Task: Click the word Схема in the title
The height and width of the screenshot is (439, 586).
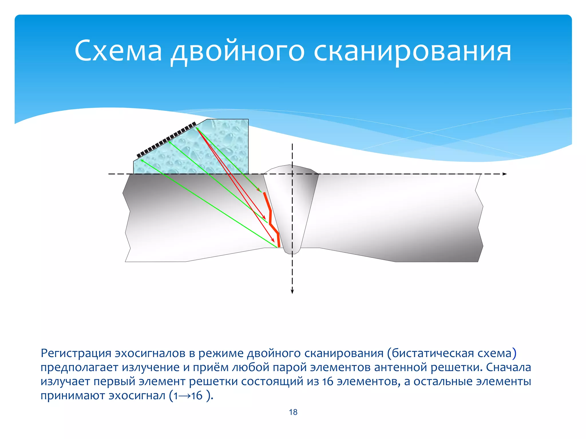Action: [x=118, y=51]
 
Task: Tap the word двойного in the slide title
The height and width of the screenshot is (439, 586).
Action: [x=237, y=51]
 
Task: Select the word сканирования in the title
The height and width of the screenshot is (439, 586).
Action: [x=412, y=51]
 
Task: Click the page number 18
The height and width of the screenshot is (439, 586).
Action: [x=293, y=412]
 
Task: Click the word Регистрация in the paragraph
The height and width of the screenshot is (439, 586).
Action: [x=76, y=353]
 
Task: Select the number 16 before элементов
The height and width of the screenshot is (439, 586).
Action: [x=328, y=382]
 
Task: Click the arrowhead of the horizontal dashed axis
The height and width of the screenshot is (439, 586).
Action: [x=505, y=174]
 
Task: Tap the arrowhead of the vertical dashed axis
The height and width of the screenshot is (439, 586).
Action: [x=292, y=292]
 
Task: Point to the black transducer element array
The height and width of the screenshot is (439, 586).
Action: [x=166, y=140]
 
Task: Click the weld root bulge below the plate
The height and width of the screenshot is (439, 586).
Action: [x=292, y=251]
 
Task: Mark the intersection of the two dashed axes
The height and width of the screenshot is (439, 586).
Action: [x=292, y=174]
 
